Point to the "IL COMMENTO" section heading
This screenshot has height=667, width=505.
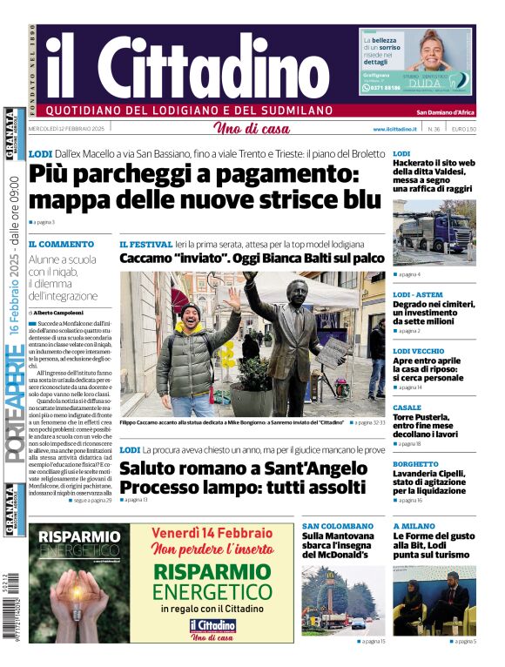tap(61, 245)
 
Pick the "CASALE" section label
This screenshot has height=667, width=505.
tap(407, 407)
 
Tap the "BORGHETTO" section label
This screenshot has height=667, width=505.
tap(415, 464)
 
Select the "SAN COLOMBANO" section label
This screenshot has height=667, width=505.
tap(337, 526)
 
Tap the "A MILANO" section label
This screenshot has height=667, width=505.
tap(413, 526)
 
